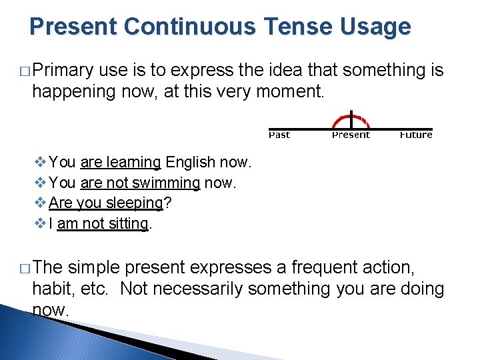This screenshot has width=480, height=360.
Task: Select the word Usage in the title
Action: (x=380, y=27)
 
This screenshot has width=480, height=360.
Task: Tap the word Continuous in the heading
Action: (x=188, y=27)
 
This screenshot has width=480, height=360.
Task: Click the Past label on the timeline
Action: (x=279, y=135)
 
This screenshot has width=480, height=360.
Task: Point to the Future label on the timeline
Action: (x=416, y=135)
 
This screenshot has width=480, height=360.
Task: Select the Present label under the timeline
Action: (x=351, y=135)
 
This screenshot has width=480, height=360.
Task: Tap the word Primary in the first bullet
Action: (x=64, y=70)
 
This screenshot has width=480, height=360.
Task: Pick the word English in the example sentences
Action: (x=190, y=162)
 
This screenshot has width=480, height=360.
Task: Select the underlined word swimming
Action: (x=166, y=183)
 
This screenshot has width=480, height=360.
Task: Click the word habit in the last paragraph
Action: (x=54, y=289)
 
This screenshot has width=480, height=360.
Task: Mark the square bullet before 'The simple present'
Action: (x=24, y=268)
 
